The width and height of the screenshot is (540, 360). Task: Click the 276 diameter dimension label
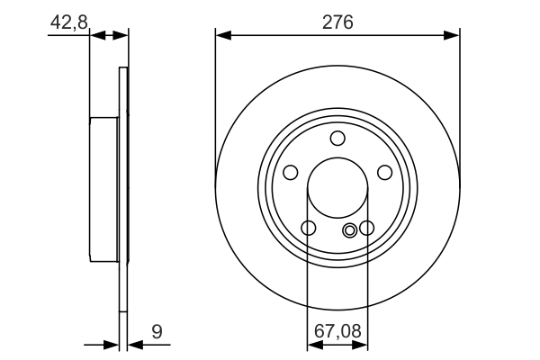coord(337,20)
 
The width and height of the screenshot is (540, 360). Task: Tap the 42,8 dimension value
coord(68,22)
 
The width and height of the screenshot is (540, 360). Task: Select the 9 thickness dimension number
coord(157,332)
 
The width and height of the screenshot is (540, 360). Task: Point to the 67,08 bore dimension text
coord(337,332)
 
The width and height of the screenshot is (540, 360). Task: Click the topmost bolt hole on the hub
coord(337,138)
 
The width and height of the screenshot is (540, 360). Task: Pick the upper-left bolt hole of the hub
coord(291,172)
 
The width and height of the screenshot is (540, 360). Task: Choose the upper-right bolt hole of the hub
coord(384,172)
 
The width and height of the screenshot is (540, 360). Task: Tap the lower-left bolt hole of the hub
coord(309,228)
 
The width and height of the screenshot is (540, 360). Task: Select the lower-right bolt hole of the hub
coord(366,228)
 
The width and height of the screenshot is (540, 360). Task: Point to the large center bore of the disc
coord(337,188)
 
